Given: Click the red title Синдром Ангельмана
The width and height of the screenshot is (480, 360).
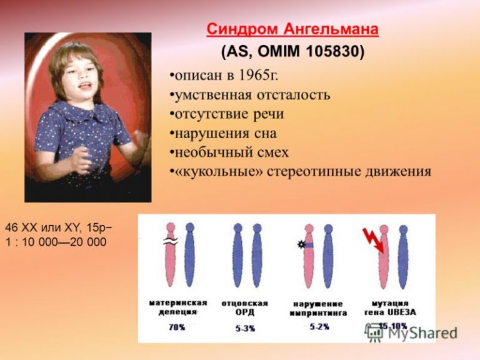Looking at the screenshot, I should (292, 29).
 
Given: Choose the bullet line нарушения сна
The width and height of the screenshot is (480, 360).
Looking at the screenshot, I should (223, 132).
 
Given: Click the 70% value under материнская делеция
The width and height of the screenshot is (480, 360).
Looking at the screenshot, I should (177, 327).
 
